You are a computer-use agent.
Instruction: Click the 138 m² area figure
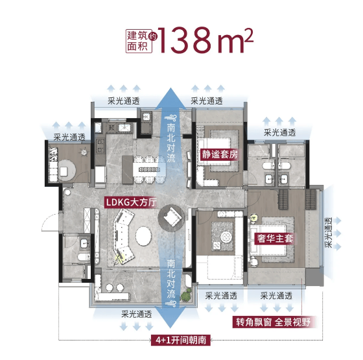[x=205, y=40]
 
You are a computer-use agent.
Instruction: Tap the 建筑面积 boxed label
[x=139, y=42]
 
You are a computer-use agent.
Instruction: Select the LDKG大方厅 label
[x=131, y=202]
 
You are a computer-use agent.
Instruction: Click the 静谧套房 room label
[x=220, y=154]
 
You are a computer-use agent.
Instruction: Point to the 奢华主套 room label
[x=275, y=238]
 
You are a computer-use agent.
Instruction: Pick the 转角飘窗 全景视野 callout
[x=273, y=322]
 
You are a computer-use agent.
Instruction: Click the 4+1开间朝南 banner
[x=181, y=341]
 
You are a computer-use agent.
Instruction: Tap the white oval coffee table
[x=143, y=236]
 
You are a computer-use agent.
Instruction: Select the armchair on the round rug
[x=172, y=217]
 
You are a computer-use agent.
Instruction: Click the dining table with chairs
[x=149, y=169]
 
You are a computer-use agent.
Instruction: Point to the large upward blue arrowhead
[x=170, y=99]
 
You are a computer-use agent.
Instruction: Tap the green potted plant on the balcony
[x=187, y=295]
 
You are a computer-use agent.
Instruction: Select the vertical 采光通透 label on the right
[x=329, y=232]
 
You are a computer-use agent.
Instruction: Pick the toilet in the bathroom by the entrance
[x=84, y=257]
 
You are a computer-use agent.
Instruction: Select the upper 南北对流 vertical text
[x=171, y=143]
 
